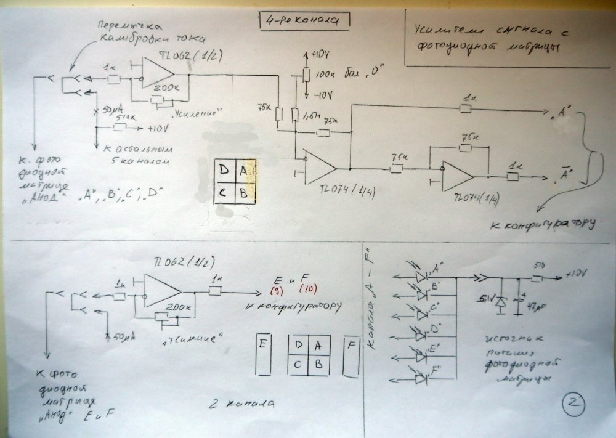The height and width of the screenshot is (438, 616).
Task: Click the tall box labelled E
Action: (263, 355)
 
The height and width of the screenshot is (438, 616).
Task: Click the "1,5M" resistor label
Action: (312, 115)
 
